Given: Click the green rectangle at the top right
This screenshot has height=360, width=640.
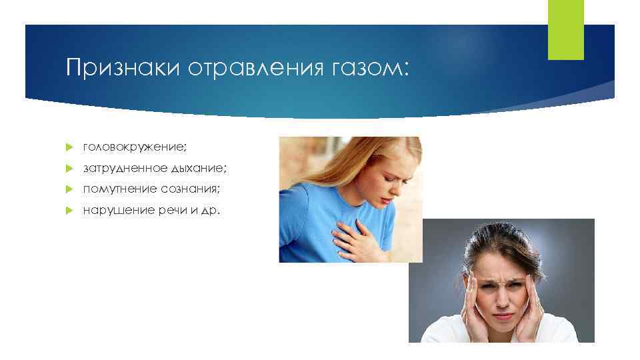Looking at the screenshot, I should (x=565, y=29).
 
